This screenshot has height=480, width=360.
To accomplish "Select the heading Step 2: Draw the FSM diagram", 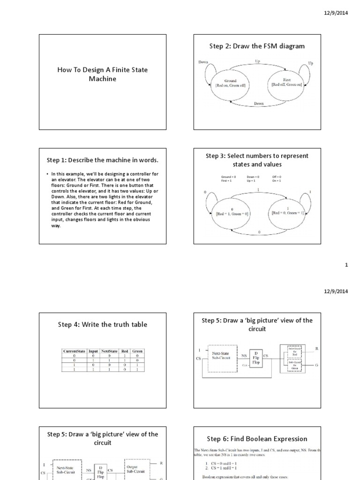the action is [257, 46].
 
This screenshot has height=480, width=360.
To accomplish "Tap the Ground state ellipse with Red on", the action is [230, 84].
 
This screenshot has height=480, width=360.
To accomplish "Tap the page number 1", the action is [346, 265].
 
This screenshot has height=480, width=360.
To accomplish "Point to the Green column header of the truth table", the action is [137, 351].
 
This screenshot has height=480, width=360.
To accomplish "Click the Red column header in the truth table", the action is [124, 351].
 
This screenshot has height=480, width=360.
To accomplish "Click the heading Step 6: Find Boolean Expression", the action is [257, 439].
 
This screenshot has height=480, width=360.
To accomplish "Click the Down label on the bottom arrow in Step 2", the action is [259, 103].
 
